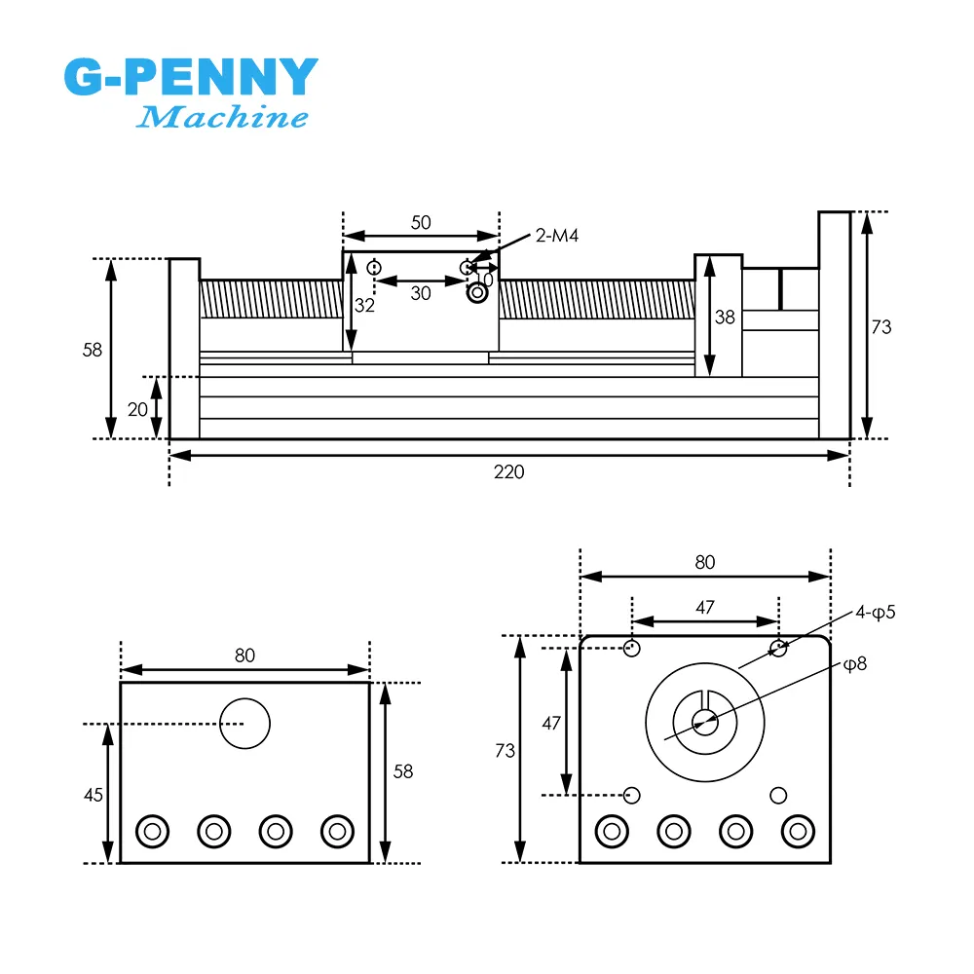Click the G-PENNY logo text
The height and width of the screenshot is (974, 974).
click(191, 77)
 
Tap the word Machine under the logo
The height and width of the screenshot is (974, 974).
click(222, 118)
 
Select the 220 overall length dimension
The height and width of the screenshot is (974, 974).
click(508, 471)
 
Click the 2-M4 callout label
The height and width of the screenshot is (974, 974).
click(557, 235)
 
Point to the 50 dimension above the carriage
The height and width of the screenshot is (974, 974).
click(420, 222)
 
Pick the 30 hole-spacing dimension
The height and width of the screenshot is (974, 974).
click(420, 293)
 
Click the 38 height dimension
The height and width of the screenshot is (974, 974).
click(724, 317)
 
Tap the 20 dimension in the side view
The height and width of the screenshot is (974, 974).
click(137, 409)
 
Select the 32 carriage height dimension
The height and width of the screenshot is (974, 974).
click(364, 305)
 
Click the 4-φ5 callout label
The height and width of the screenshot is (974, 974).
click(875, 613)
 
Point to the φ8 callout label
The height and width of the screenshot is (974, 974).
click(854, 664)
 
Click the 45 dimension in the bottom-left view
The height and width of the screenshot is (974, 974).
click(93, 795)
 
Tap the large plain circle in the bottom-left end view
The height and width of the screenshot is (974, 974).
click(244, 724)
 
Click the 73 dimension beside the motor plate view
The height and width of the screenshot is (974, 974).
click(505, 751)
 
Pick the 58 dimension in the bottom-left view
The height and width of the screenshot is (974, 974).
click(402, 771)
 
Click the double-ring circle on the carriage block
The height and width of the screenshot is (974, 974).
click(477, 291)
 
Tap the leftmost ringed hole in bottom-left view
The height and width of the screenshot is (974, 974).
click(152, 831)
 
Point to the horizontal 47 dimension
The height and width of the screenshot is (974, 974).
click(705, 608)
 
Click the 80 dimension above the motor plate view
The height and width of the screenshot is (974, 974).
click(705, 562)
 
